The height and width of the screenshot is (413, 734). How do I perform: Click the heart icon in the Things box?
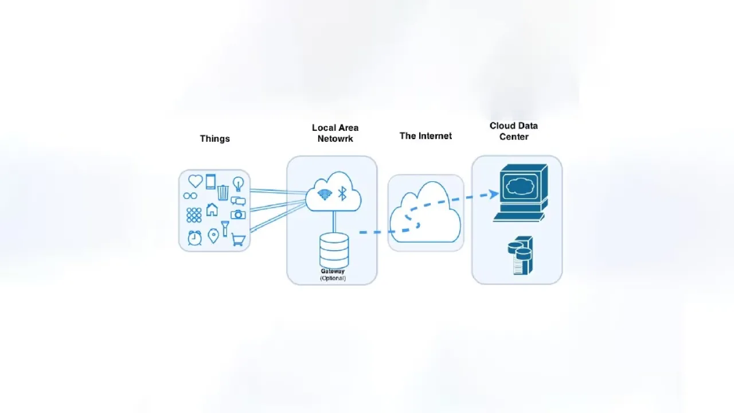click(x=196, y=181)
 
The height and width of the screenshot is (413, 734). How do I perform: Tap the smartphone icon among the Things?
click(x=210, y=182)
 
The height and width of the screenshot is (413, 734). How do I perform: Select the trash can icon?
click(x=223, y=192)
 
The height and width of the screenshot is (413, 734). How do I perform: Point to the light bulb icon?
click(x=238, y=184)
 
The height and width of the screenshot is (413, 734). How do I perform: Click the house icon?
click(x=212, y=209)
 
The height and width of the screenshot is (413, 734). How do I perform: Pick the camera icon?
click(x=238, y=215)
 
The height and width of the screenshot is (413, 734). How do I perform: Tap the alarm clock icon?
click(x=195, y=237)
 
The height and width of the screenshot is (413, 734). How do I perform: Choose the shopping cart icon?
click(x=239, y=240)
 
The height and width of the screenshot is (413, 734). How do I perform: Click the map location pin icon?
click(x=213, y=236)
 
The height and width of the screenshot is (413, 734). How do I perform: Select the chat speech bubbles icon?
click(x=238, y=201)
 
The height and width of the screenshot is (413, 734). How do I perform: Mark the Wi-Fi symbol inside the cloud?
click(x=325, y=194)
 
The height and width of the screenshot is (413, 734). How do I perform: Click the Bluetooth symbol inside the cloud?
click(x=342, y=193)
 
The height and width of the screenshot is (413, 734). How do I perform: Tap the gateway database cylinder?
click(x=334, y=250)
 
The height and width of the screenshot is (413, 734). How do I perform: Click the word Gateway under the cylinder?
click(x=333, y=271)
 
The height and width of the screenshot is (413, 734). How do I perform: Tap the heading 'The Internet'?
click(x=425, y=136)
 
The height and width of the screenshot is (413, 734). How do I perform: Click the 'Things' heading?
click(x=214, y=139)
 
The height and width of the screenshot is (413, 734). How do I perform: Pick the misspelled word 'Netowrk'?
click(x=335, y=139)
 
